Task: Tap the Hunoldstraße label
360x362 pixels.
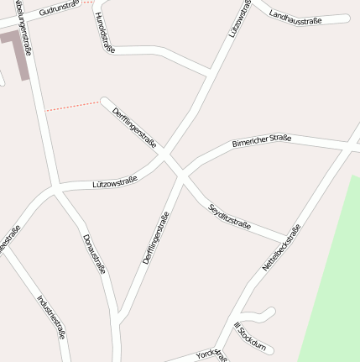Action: (x=104, y=34)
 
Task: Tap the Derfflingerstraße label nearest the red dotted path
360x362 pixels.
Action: (x=134, y=129)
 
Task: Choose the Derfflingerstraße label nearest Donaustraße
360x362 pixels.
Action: (x=156, y=239)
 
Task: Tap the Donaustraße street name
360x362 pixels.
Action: (x=95, y=254)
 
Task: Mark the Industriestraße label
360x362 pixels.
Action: (x=50, y=316)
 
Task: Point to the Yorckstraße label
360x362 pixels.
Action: (x=211, y=354)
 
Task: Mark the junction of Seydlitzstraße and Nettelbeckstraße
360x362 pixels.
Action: (x=290, y=238)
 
